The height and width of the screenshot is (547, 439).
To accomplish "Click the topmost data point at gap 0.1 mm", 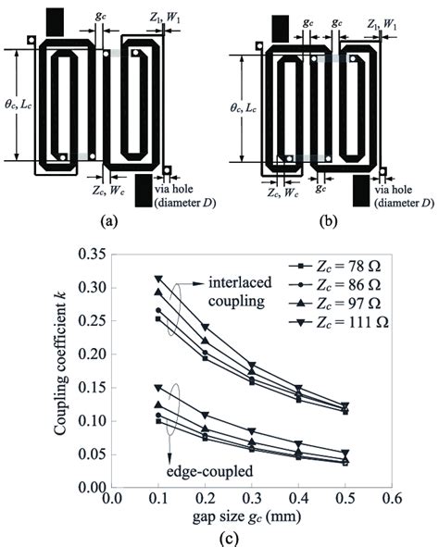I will [158, 278].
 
